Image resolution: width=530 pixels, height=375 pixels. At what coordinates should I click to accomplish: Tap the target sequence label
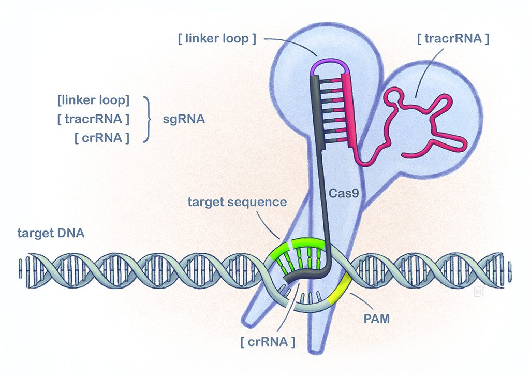point(238,201)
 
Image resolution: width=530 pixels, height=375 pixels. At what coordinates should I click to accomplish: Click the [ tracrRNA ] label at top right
point(452,39)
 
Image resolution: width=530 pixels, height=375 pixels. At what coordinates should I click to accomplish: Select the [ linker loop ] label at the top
point(217,39)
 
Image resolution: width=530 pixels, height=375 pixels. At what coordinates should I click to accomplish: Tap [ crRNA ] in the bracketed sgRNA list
point(101,138)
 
